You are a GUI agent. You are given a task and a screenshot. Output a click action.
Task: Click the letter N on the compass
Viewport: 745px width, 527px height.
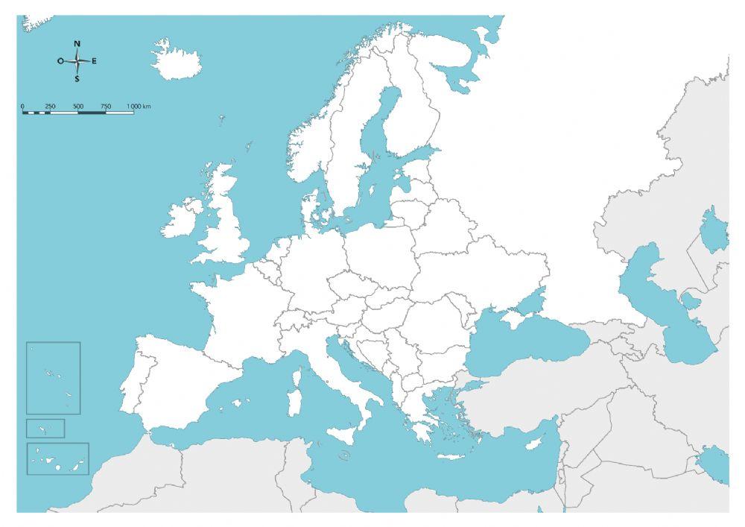(x=77, y=43)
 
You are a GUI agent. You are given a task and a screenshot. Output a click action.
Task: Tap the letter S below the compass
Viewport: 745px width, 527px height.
(x=77, y=78)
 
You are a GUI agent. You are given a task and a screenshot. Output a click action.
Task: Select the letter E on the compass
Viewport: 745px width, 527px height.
(x=94, y=61)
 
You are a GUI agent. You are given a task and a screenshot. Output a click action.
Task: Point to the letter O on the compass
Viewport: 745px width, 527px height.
(x=60, y=61)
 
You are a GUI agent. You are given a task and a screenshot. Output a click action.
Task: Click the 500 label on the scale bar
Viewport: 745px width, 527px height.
(x=78, y=107)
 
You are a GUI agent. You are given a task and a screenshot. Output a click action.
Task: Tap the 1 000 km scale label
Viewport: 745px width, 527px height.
(x=139, y=107)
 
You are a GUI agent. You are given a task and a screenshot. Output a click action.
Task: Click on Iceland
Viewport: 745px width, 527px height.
(x=176, y=59)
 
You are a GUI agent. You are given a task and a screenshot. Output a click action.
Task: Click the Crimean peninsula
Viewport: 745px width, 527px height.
(x=514, y=318)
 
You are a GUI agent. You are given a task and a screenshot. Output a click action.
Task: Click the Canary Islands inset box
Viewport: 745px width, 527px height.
(x=58, y=458)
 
